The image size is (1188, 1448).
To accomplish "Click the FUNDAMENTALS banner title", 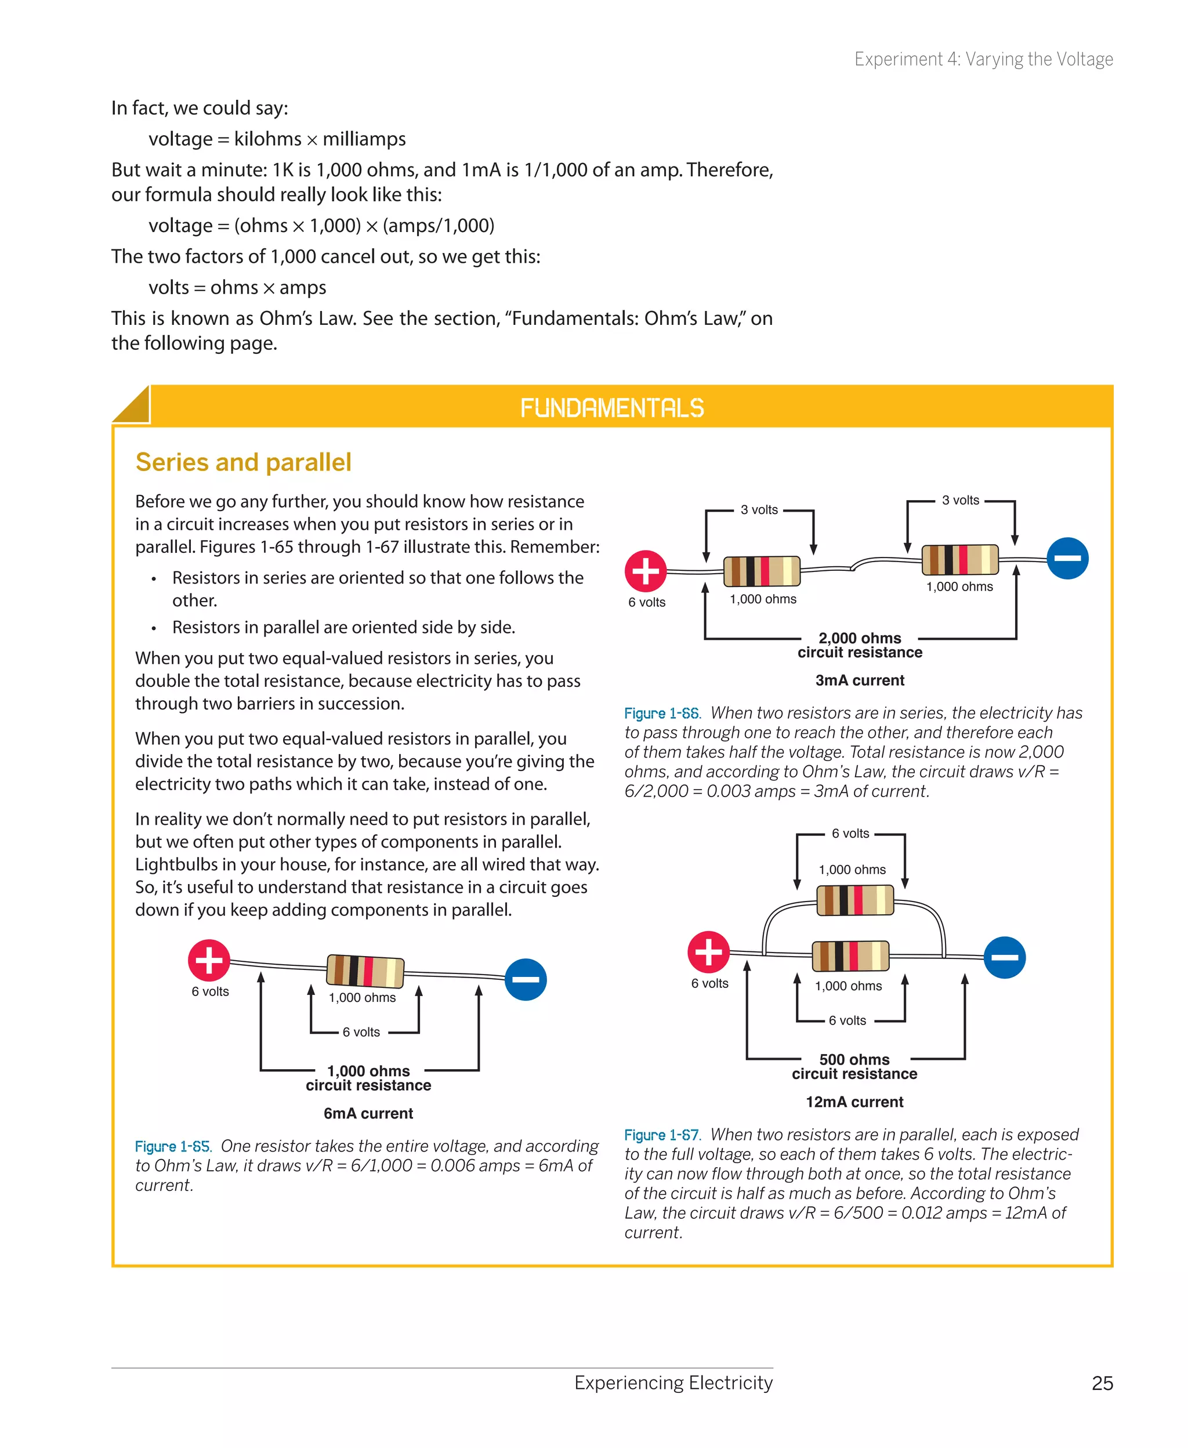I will [x=612, y=408].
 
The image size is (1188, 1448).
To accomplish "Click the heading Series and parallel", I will [x=243, y=462].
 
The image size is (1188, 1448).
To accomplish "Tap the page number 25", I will [x=1102, y=1383].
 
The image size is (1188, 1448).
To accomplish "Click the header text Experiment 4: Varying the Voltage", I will [x=983, y=60].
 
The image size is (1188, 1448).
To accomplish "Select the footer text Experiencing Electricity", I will [x=673, y=1382].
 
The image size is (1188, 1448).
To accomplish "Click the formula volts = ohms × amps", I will [x=237, y=287].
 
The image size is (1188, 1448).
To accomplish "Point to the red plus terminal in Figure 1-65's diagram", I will [x=209, y=960].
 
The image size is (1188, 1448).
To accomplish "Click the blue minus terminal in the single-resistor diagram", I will [x=526, y=979].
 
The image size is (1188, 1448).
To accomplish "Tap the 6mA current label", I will [x=368, y=1113].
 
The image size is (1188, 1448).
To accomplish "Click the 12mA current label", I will [x=854, y=1102].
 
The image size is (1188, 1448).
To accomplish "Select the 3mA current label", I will [x=860, y=680].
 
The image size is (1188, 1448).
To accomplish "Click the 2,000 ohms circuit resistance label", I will [x=860, y=645].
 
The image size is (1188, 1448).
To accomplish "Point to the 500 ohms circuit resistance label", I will [x=854, y=1066].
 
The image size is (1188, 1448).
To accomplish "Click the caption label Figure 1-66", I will [x=662, y=714].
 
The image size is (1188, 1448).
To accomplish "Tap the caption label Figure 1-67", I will [x=662, y=1135].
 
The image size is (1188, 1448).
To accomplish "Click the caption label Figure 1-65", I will [x=172, y=1146].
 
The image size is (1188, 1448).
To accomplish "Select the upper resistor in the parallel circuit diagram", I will [x=854, y=900].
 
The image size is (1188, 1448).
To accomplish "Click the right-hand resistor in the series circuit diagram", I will [x=959, y=559].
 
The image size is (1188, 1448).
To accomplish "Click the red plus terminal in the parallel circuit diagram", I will [x=708, y=952].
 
